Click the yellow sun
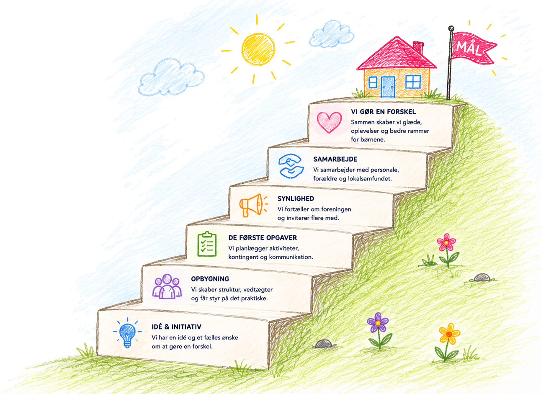pos(258,49)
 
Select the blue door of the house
pos(388,87)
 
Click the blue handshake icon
pos(291,166)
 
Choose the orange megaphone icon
pos(253,205)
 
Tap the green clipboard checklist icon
pos(207,244)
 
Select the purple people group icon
pos(167,286)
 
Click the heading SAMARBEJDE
pos(335,159)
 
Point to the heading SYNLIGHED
pos(296,198)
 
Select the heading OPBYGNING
pos(210,279)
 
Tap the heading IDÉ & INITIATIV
pos(176,327)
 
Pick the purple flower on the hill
pos(378,322)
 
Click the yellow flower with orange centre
pos(449,334)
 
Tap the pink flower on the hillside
pos(446,242)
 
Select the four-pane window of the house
pos(413,82)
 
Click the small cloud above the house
pos(331,34)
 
